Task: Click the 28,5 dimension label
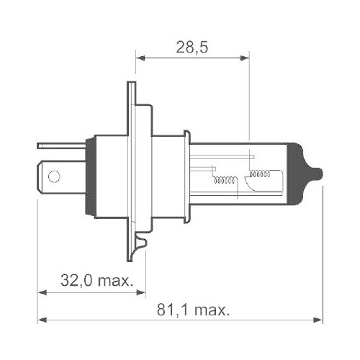click(192, 48)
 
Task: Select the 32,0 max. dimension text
click(96, 280)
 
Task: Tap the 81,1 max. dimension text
click(194, 310)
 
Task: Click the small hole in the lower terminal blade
click(54, 176)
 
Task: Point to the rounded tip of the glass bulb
click(318, 174)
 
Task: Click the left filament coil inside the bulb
click(225, 180)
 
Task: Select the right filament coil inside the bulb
click(260, 174)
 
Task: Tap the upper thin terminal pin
click(62, 145)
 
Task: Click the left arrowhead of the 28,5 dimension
click(140, 58)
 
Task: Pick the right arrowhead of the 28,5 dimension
click(245, 58)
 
